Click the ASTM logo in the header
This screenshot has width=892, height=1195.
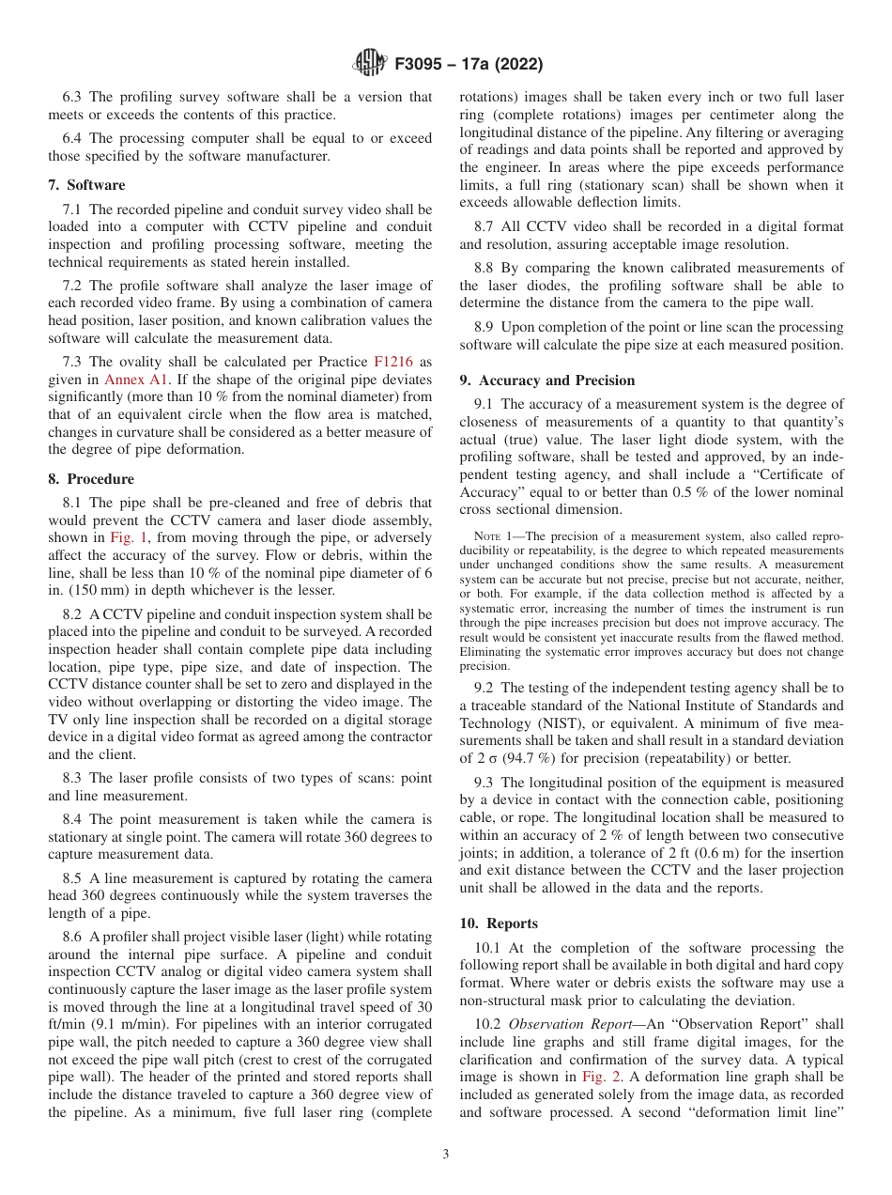(x=369, y=64)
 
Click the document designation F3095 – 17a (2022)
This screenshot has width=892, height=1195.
(x=469, y=65)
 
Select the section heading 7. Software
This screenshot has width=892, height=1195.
(x=86, y=185)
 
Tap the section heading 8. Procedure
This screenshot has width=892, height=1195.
(x=91, y=479)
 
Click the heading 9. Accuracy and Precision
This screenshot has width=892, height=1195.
(x=547, y=380)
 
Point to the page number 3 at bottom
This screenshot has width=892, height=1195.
(x=446, y=1155)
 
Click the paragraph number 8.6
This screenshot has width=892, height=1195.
(x=73, y=937)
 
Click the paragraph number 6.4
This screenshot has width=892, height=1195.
(x=73, y=138)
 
